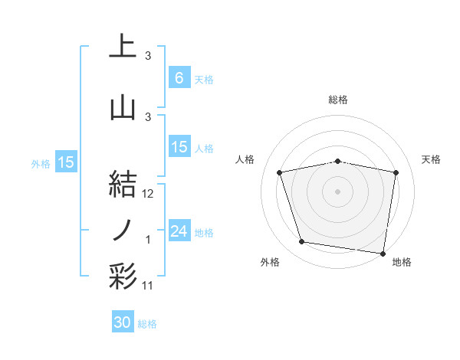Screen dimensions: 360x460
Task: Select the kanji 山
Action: click(123, 106)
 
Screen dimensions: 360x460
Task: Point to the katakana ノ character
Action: click(123, 230)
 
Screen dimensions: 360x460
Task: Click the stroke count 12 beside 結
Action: click(148, 194)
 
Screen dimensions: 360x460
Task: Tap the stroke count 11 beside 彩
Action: click(148, 286)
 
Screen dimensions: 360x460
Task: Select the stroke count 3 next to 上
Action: click(148, 56)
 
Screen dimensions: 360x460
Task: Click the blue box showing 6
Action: click(179, 78)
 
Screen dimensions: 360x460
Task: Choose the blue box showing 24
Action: click(179, 231)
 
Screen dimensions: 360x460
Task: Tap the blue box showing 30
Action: click(123, 323)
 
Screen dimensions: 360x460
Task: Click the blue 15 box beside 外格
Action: click(65, 162)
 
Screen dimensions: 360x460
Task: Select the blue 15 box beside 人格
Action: click(179, 147)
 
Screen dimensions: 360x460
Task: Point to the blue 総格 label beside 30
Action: click(148, 325)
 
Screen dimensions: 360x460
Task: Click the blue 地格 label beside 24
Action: click(205, 233)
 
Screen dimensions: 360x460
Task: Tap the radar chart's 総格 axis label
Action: click(338, 100)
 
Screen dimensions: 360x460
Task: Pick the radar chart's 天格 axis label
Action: click(432, 159)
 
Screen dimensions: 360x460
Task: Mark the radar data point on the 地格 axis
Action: click(383, 253)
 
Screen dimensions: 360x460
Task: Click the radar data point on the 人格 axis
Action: click(280, 172)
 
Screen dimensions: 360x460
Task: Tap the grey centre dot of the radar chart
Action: click(338, 191)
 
